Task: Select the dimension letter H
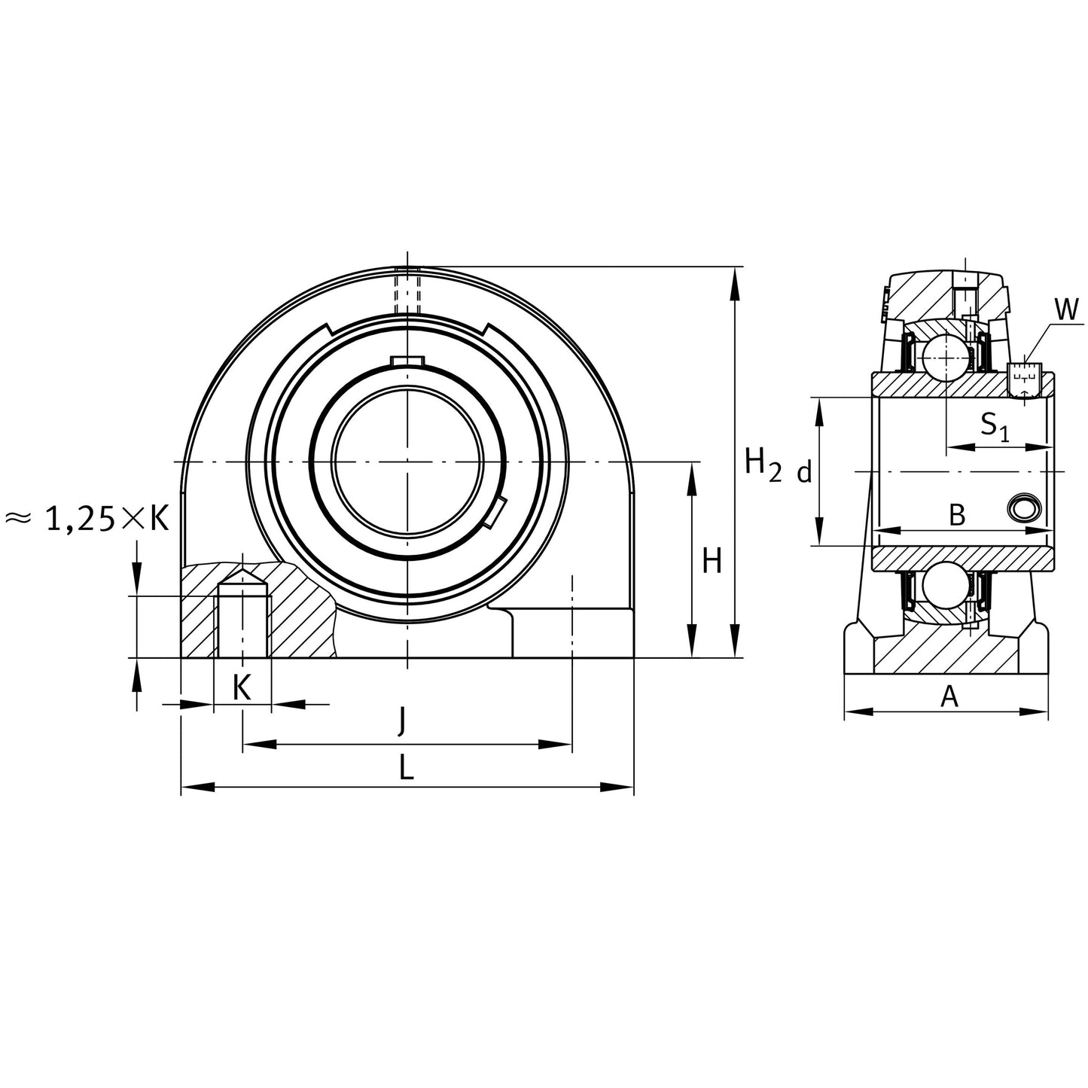tap(712, 561)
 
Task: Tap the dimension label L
tap(406, 769)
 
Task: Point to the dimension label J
tap(402, 721)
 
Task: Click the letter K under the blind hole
tap(242, 687)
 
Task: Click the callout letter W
tap(1065, 309)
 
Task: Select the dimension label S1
tap(993, 426)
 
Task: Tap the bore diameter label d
tap(804, 473)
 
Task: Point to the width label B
tap(956, 516)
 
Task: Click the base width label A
tap(949, 696)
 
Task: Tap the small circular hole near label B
tap(1025, 509)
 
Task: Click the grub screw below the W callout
tap(1023, 379)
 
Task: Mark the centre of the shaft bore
tap(407, 461)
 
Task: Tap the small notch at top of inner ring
tap(407, 361)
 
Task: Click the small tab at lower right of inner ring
tap(495, 512)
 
